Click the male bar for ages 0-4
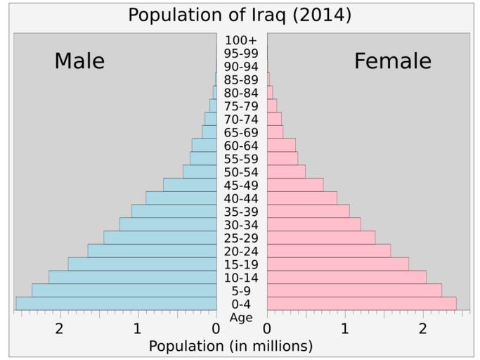[116, 304]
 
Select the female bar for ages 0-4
[361, 304]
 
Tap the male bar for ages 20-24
[152, 251]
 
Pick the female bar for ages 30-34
[313, 224]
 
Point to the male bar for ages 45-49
[190, 185]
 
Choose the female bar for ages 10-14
[346, 277]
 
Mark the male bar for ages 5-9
[124, 290]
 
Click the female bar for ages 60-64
[281, 145]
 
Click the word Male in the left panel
[79, 62]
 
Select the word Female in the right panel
[392, 62]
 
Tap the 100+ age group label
[241, 40]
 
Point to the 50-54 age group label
[241, 172]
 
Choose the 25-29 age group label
[241, 238]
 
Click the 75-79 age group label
[241, 106]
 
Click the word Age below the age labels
[241, 318]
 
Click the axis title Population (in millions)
[231, 347]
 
